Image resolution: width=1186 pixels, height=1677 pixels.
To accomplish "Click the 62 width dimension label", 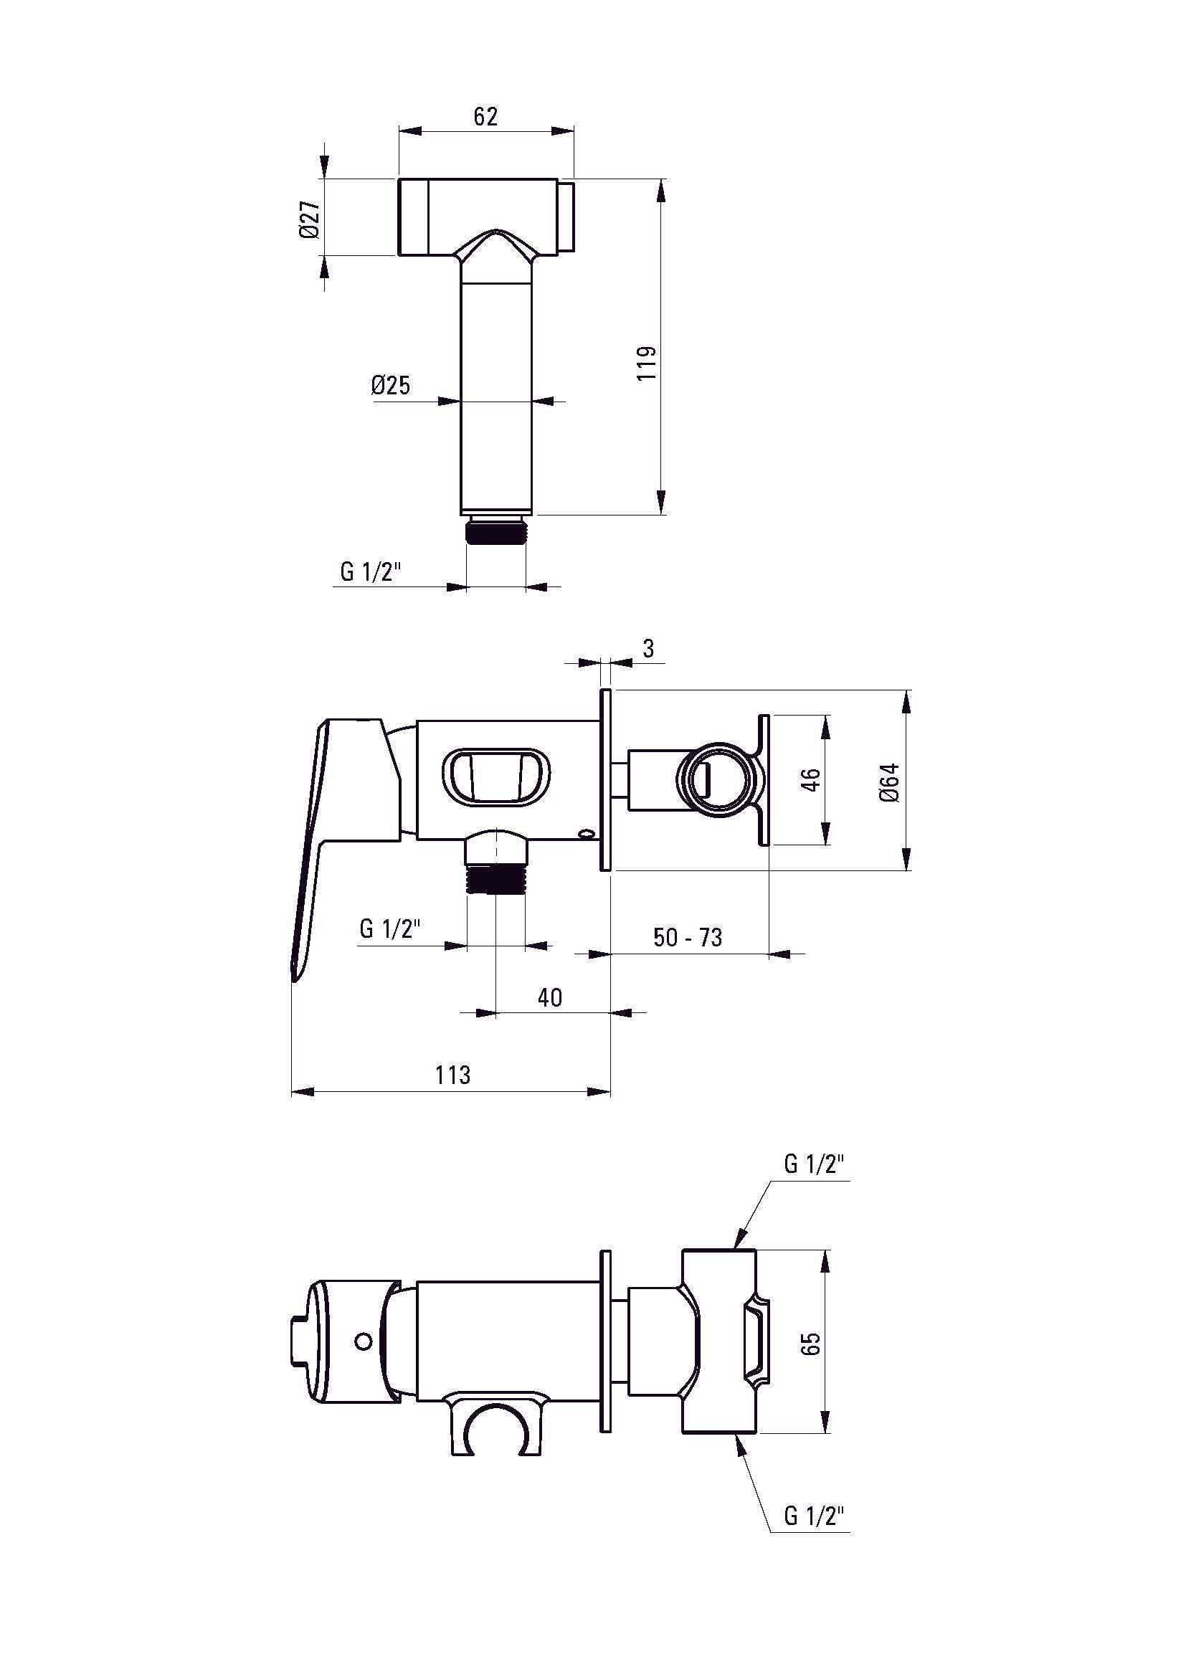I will pyautogui.click(x=485, y=117).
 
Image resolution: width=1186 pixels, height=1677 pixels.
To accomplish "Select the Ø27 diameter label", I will pyautogui.click(x=310, y=219).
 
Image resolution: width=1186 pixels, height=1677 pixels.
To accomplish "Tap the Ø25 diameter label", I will pyautogui.click(x=391, y=385).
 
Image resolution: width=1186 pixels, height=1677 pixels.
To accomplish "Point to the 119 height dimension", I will pyautogui.click(x=647, y=363).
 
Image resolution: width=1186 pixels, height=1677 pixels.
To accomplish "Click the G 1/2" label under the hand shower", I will pyautogui.click(x=371, y=571).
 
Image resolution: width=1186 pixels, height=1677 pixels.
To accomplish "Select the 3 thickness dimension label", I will pyautogui.click(x=648, y=648).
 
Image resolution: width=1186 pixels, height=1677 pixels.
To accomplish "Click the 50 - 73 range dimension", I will pyautogui.click(x=687, y=937).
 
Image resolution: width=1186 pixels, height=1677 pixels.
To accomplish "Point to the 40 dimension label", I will pyautogui.click(x=550, y=997).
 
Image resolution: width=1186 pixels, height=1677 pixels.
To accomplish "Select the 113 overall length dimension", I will pyautogui.click(x=452, y=1075).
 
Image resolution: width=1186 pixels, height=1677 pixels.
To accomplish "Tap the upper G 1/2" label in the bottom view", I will pyautogui.click(x=815, y=1165).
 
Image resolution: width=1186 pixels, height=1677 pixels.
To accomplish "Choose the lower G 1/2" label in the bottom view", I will pyautogui.click(x=815, y=1516).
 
